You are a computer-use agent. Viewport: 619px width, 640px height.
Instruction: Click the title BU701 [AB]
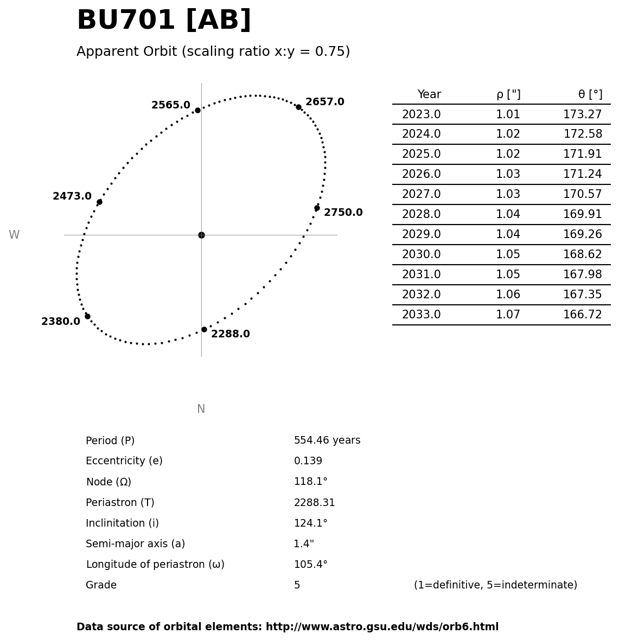(164, 21)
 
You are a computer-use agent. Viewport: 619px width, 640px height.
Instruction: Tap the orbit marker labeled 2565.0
(197, 110)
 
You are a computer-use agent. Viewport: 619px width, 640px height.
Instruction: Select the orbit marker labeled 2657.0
(298, 107)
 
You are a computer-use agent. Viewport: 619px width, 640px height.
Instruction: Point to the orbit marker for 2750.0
(317, 208)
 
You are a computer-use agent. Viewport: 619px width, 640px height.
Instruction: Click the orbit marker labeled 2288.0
(204, 329)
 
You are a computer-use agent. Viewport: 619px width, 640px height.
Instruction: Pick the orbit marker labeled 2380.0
(87, 316)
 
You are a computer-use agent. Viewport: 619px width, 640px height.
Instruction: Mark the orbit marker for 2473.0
(99, 202)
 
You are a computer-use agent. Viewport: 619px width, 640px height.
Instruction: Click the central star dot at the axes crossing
(201, 235)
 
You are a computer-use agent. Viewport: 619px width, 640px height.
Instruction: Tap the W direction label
(14, 235)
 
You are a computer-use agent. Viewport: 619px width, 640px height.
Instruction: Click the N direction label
(201, 409)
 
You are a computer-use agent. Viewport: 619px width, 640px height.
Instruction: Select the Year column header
(429, 94)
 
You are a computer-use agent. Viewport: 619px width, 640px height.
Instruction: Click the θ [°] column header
(590, 94)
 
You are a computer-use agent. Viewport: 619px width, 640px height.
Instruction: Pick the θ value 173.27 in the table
(582, 114)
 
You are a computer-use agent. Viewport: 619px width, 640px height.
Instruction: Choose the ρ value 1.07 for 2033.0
(508, 315)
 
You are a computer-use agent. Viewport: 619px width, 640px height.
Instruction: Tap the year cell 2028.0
(421, 214)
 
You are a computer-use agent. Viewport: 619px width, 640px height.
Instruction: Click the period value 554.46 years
(327, 440)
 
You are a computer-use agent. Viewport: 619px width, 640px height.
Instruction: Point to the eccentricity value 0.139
(308, 461)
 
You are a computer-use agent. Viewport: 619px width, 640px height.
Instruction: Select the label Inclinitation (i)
(122, 523)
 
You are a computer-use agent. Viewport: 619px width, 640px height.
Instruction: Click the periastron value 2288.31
(314, 503)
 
